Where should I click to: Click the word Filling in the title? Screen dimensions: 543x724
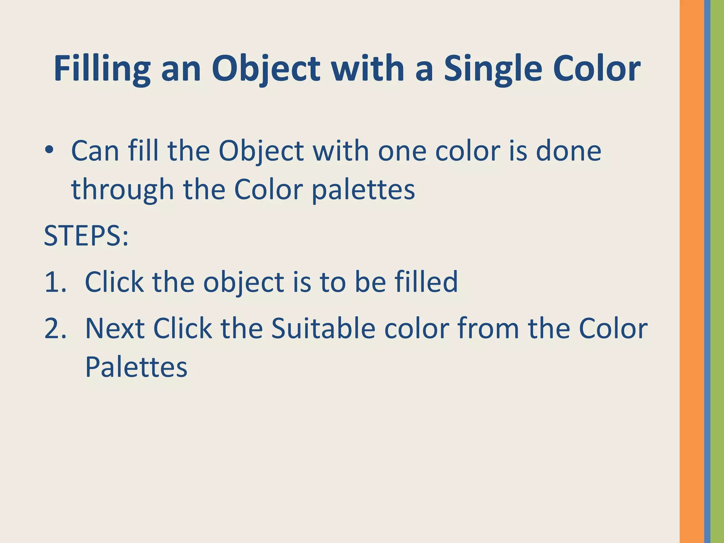tap(102, 69)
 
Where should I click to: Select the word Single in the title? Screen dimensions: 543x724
tap(493, 69)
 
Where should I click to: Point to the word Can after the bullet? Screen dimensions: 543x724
tap(95, 151)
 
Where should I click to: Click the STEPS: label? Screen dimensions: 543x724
tap(86, 236)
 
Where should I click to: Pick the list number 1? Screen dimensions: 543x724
tap(55, 282)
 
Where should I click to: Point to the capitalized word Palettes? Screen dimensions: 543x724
tap(136, 367)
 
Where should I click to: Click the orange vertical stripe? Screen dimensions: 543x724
tap(691, 271)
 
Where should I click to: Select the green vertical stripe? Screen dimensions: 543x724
tap(717, 271)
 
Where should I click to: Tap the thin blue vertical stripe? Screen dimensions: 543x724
tap(707, 271)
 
